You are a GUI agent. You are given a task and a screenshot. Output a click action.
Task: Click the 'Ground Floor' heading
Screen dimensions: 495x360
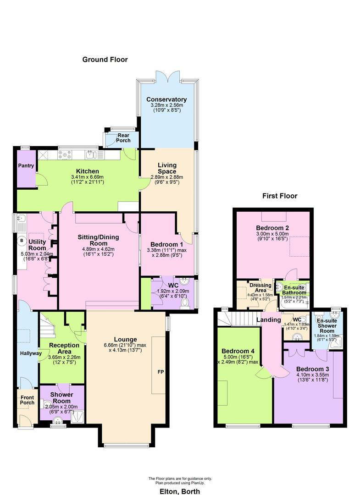coord(105,60)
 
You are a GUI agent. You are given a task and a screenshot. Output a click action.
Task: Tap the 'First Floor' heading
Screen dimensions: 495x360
coord(280,196)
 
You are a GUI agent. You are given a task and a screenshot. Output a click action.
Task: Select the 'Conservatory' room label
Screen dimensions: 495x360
coord(166,99)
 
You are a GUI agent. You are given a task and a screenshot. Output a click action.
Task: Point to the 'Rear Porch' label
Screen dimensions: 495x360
coord(123,137)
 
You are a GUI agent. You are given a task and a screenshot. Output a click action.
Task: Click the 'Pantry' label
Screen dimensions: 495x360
coord(26,165)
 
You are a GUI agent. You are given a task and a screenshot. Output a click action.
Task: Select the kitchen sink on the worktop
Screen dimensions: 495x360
coord(94,154)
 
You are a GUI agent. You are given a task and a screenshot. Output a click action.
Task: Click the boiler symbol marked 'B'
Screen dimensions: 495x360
coord(21,239)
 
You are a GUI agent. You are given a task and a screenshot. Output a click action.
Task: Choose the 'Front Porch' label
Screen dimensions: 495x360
coord(27,400)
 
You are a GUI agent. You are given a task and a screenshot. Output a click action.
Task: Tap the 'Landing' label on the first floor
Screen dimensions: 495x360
coord(266,319)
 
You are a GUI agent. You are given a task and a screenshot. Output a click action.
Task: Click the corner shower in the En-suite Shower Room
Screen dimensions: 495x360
coord(337,341)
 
